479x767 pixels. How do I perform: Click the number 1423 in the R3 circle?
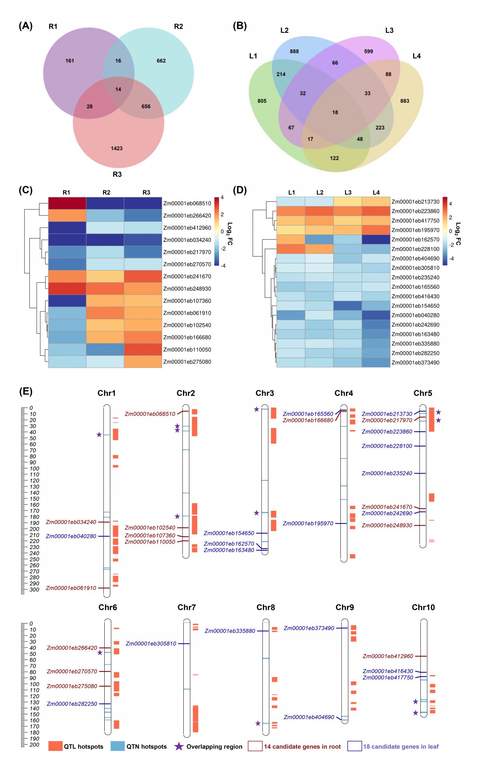(117, 148)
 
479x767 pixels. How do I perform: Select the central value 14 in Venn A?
(118, 90)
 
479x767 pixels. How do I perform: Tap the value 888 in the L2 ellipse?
(294, 51)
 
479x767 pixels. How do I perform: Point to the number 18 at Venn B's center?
(335, 112)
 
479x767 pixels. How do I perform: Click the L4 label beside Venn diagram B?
(417, 56)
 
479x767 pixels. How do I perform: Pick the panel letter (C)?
(26, 190)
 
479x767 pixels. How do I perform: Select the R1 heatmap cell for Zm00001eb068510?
(67, 203)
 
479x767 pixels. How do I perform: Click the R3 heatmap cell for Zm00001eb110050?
(143, 349)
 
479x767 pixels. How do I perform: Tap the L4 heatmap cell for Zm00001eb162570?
(376, 239)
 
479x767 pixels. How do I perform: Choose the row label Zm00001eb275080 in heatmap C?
(187, 362)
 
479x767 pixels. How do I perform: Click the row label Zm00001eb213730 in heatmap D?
(415, 202)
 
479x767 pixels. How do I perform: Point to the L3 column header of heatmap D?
(348, 192)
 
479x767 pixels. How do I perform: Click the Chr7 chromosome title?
(187, 608)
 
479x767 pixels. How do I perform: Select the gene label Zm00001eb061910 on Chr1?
(71, 588)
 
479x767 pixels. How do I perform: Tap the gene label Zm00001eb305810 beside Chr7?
(151, 643)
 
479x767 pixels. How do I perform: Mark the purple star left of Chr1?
(99, 434)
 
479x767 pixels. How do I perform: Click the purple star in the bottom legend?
(179, 746)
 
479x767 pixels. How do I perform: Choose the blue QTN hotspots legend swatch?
(117, 746)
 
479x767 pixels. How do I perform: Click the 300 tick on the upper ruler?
(34, 590)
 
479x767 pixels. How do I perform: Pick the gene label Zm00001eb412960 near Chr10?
(388, 656)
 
